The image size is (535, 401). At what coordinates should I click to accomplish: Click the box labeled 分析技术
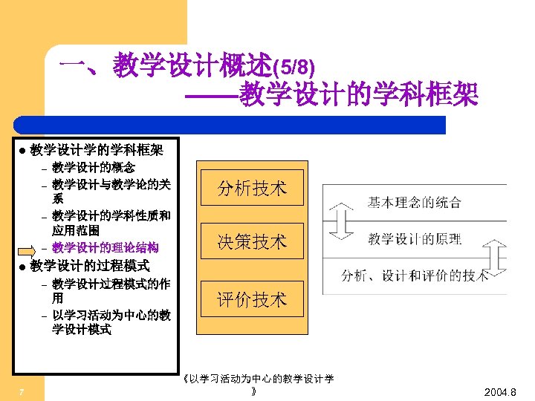(x=251, y=189)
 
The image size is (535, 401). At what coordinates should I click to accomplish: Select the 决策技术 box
(x=251, y=241)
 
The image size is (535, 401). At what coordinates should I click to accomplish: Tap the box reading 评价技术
(x=251, y=299)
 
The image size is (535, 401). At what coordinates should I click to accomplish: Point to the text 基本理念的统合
(x=414, y=201)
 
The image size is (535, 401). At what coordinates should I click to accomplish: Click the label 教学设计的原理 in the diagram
(x=414, y=239)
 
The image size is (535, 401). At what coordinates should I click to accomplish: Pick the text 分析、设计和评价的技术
(x=414, y=276)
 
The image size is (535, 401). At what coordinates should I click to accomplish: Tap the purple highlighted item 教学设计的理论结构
(x=105, y=247)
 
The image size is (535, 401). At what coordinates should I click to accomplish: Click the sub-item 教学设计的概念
(x=94, y=167)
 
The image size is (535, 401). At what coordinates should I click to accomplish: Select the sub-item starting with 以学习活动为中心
(x=111, y=322)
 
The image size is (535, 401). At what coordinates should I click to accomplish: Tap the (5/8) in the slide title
(x=294, y=68)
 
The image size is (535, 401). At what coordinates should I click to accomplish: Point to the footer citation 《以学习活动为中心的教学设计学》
(x=258, y=384)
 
